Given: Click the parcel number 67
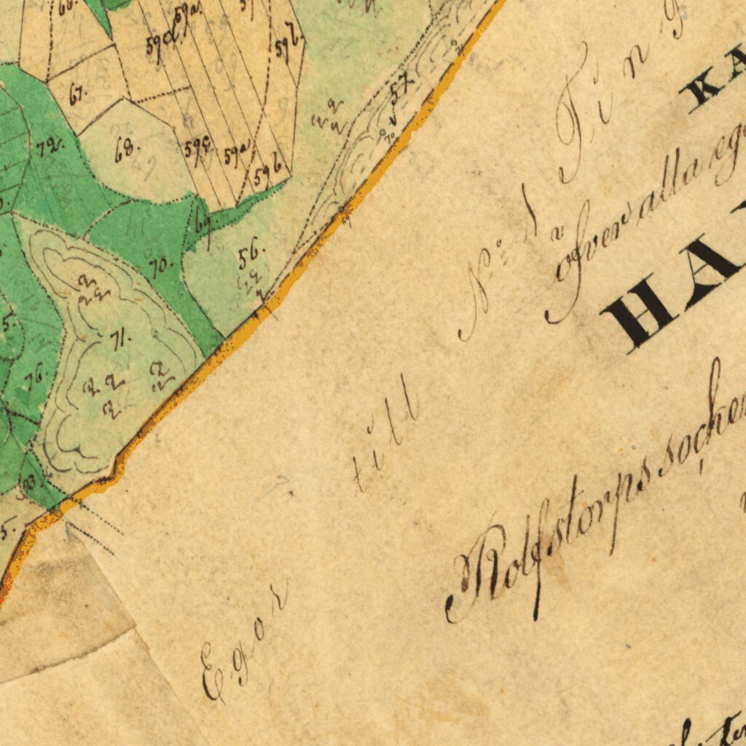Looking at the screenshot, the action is pos(77,94).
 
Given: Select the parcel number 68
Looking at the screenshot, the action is pos(125,152).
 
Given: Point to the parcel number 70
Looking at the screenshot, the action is pos(161,267).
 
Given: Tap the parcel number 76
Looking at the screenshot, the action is pos(34,379).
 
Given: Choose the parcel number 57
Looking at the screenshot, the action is pos(399,91).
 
